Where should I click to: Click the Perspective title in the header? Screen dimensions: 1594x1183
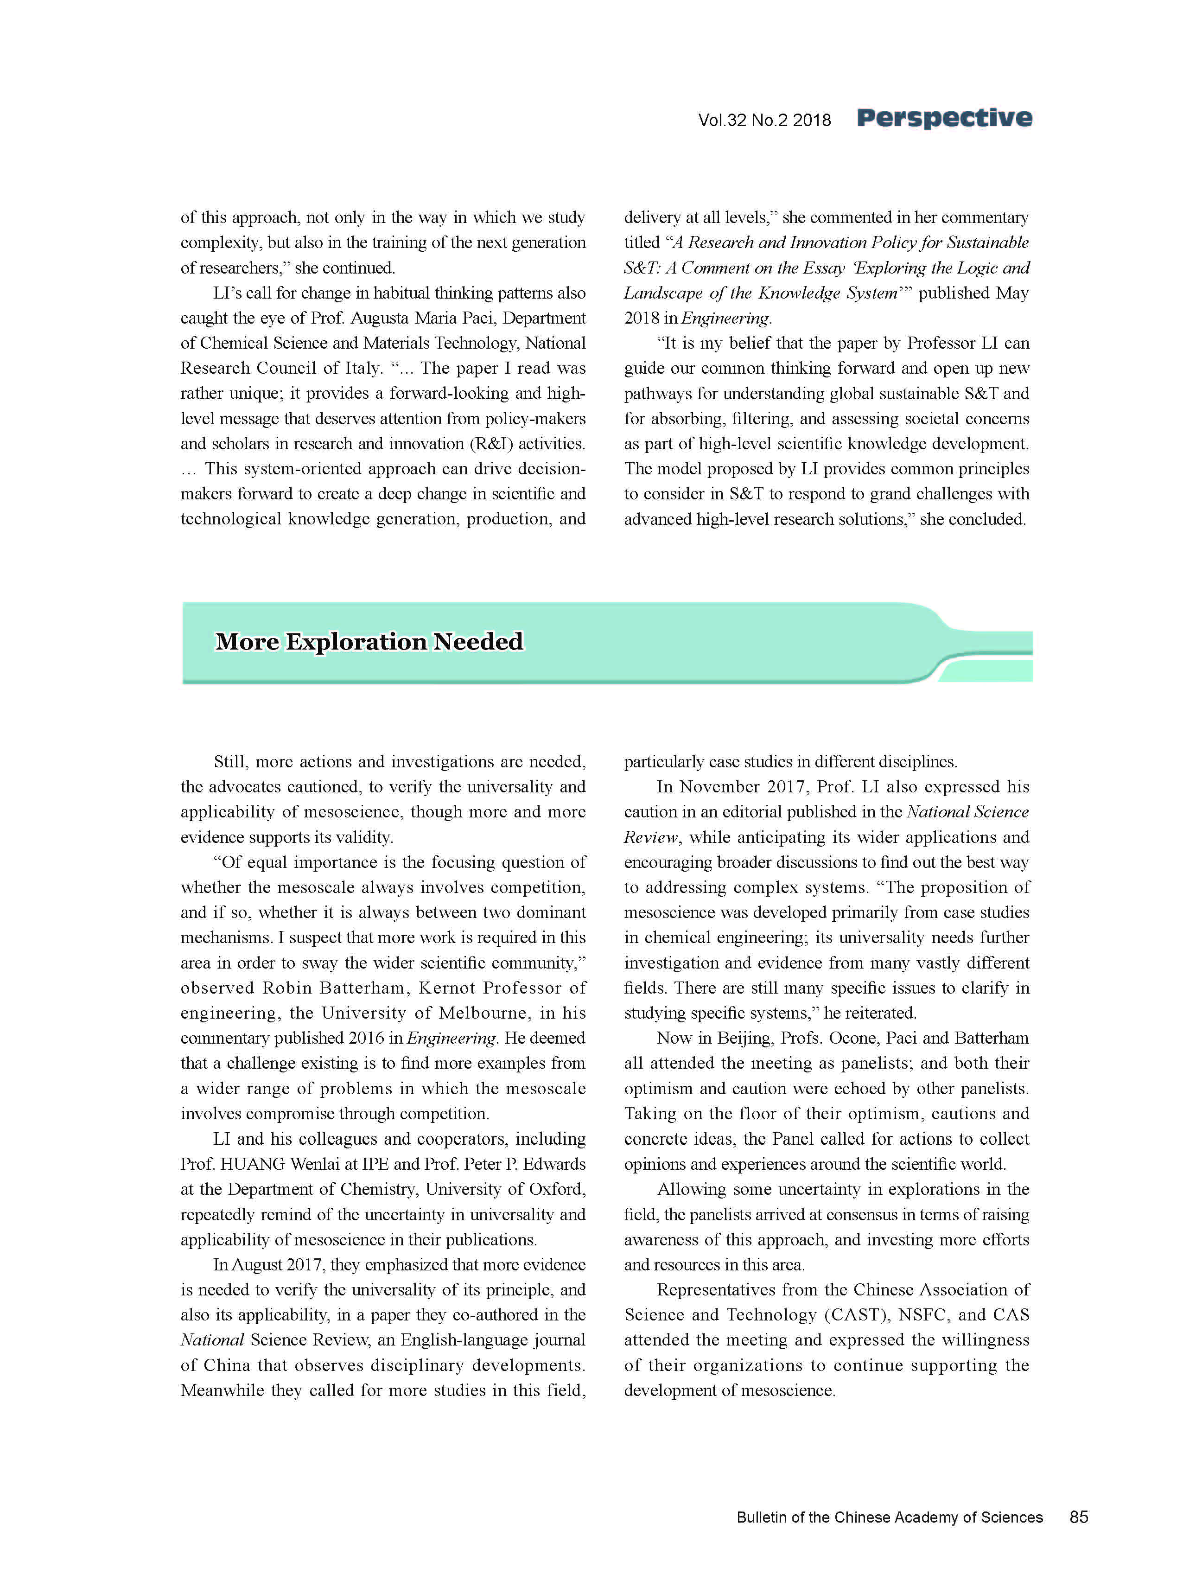coord(944,118)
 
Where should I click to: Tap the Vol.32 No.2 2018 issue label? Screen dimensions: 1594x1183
coord(764,120)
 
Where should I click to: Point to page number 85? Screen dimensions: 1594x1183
coord(1078,1517)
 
